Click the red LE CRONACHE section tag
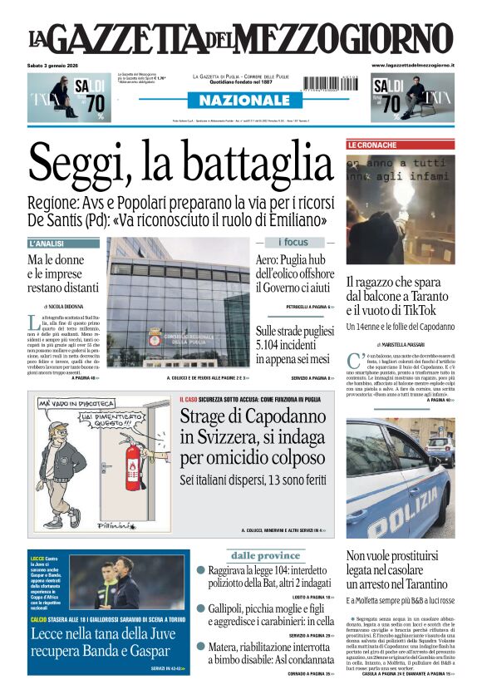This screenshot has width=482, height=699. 372,145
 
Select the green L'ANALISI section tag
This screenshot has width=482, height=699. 47,244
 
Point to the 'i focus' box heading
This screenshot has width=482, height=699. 293,242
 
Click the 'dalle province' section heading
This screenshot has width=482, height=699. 265,555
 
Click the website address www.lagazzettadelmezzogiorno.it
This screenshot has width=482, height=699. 412,65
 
